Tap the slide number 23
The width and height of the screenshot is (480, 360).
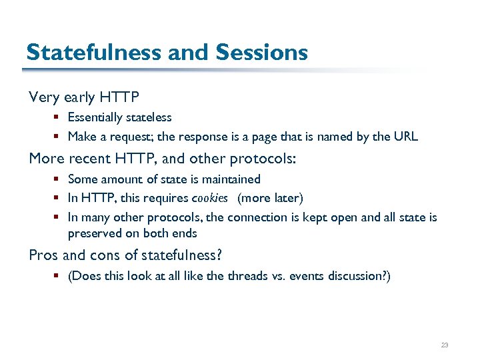[x=445, y=345]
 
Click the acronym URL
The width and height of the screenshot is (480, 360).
[x=405, y=137]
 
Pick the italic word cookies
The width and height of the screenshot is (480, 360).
[x=210, y=198]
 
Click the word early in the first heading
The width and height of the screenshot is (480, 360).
[x=80, y=97]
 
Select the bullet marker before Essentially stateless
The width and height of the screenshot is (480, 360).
[x=59, y=117]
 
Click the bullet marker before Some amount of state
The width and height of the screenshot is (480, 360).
[x=59, y=179]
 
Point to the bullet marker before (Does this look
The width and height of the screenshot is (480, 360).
[x=59, y=276]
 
